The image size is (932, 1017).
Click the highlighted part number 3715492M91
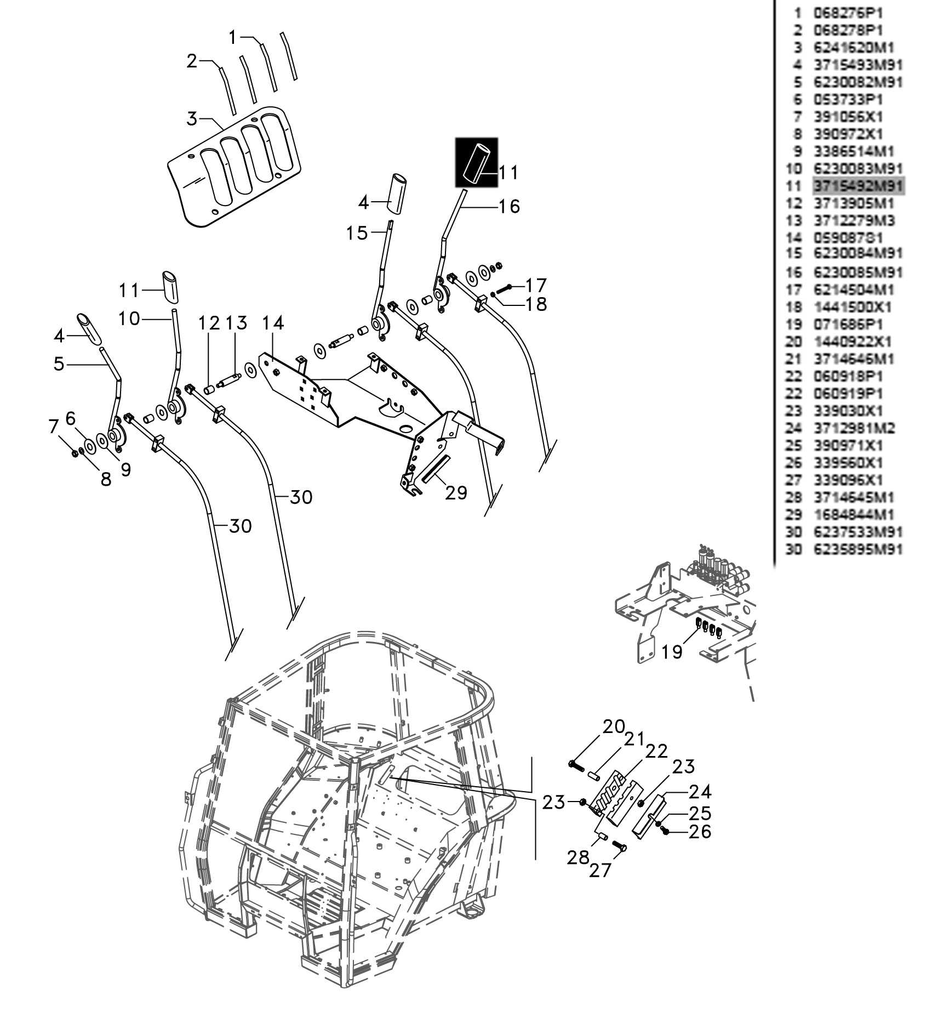tap(858, 186)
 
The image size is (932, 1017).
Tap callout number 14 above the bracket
tap(272, 323)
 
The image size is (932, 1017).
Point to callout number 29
tap(456, 493)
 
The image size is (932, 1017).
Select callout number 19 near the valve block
tap(672, 651)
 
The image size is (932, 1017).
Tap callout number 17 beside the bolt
tap(536, 286)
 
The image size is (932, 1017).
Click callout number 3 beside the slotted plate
tap(192, 118)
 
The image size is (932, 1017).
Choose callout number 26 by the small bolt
tap(700, 832)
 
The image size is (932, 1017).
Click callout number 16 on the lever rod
tap(509, 206)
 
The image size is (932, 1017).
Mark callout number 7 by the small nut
tap(53, 426)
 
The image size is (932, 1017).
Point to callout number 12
tap(209, 323)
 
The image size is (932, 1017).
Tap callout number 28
tap(578, 857)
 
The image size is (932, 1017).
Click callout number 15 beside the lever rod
tap(357, 233)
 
